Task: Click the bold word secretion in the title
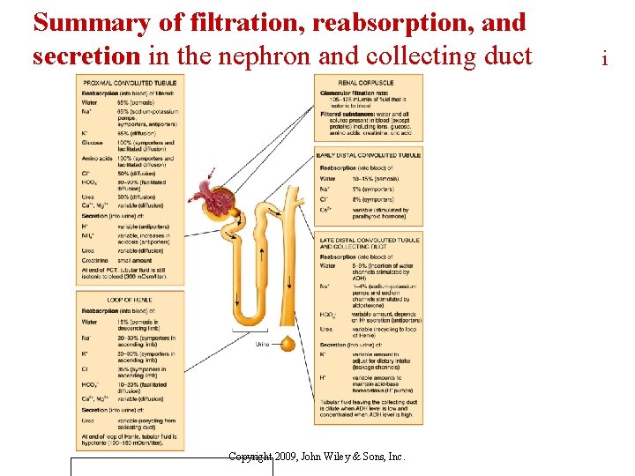click(x=86, y=56)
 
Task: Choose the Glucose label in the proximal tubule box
click(x=92, y=142)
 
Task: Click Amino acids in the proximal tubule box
click(x=96, y=159)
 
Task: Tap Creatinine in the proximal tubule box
click(x=95, y=259)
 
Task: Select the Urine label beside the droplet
click(x=261, y=344)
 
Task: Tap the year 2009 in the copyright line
click(x=286, y=457)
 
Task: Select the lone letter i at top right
click(x=604, y=59)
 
